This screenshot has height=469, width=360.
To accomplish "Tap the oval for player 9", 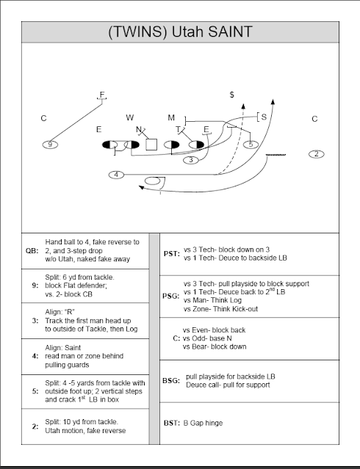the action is click(50, 145).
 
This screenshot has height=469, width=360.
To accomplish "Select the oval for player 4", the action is click(117, 175).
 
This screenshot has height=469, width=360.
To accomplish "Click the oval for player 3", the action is click(191, 160).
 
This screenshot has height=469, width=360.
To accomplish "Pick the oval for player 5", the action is click(251, 145).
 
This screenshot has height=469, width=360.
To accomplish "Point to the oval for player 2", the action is click(317, 154).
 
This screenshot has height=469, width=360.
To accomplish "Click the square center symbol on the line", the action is click(151, 145).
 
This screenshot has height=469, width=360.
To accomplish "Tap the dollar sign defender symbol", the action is click(232, 95).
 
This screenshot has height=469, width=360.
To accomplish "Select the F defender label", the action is click(102, 95).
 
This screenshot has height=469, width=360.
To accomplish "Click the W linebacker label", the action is click(130, 117).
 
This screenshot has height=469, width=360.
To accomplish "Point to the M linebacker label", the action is click(171, 117).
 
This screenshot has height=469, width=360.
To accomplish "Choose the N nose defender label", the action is click(139, 129).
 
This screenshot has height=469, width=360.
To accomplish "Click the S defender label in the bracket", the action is click(264, 117).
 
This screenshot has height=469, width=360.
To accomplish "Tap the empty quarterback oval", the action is click(152, 181).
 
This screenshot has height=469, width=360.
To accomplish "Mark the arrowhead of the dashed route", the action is click(243, 106).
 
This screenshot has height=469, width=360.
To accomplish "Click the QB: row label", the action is click(32, 251).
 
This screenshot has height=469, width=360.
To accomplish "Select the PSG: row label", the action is click(170, 296).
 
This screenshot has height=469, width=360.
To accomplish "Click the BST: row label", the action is click(172, 423).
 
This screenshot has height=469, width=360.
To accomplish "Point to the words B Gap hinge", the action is click(203, 423).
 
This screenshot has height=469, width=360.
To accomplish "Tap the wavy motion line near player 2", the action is click(276, 155).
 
